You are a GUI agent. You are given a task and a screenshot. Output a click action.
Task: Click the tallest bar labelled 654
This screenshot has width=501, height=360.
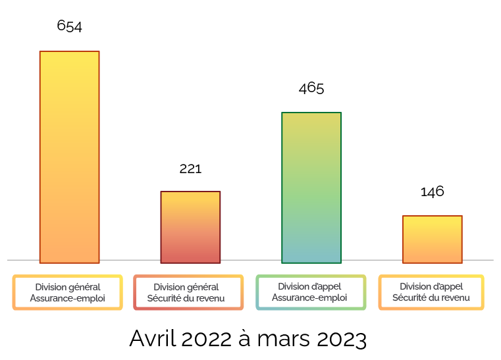(x=69, y=157)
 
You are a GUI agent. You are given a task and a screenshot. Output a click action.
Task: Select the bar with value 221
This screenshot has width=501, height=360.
(x=190, y=227)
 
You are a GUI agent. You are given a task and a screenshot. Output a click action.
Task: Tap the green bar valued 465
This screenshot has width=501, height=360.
(x=311, y=188)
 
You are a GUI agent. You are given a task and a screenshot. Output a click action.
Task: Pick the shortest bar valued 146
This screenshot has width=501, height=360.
(x=432, y=239)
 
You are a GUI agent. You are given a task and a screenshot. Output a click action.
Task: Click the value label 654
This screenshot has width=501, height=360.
(x=69, y=26)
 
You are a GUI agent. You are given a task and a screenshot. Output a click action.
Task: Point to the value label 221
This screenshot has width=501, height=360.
(x=190, y=168)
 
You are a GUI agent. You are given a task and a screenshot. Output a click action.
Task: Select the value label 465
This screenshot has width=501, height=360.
(x=311, y=88)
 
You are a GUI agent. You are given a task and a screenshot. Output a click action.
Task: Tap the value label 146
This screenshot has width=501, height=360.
(x=432, y=192)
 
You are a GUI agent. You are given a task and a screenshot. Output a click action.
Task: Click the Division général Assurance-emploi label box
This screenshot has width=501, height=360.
(x=67, y=292)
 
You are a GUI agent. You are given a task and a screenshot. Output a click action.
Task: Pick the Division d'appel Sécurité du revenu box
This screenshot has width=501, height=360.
(x=431, y=292)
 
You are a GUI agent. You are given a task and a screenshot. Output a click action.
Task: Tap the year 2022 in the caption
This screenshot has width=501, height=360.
(x=205, y=338)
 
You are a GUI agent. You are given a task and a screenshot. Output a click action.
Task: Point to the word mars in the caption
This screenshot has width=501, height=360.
(x=284, y=338)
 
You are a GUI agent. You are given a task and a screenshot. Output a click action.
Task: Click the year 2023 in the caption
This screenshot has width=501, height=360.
(x=342, y=338)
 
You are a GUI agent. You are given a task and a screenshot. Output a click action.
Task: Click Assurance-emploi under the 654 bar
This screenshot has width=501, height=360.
(x=67, y=298)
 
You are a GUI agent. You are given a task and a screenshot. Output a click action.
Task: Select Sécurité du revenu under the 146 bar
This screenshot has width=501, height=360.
(x=431, y=298)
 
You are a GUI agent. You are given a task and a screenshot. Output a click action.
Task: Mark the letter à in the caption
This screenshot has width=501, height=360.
(x=244, y=338)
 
